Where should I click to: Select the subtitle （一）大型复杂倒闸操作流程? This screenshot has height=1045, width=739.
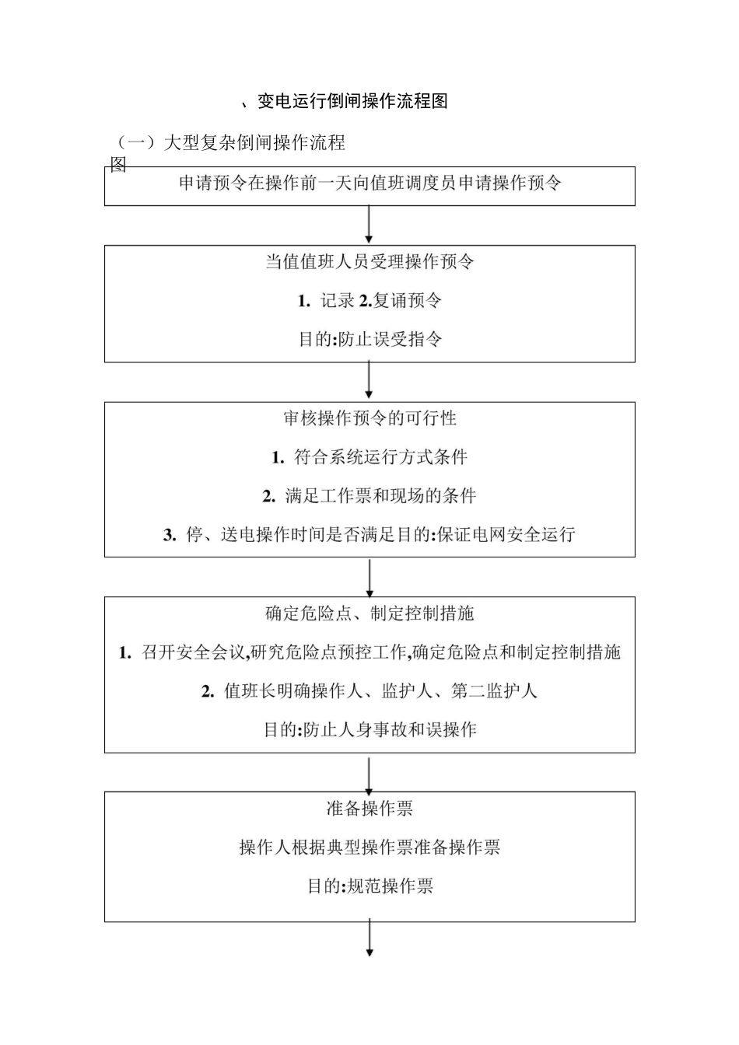pos(230,143)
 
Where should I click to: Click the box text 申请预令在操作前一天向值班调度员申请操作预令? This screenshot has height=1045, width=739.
pos(369,183)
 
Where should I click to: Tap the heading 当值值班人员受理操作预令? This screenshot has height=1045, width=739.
pos(369,261)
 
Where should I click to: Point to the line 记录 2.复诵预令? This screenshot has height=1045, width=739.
pos(369,301)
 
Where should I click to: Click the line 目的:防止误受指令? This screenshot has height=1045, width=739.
pos(369,340)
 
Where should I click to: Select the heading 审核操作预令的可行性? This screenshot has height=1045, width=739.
pos(369,418)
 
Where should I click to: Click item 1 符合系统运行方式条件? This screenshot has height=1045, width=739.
pos(369,457)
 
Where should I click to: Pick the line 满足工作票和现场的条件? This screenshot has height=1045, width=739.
pos(369,496)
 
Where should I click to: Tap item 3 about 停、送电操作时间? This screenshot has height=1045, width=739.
pos(369,535)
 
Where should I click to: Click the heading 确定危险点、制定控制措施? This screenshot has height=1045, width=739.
pos(369,613)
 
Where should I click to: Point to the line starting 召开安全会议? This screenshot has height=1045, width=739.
pos(369,652)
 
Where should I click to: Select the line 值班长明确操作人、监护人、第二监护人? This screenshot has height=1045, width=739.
pos(369,691)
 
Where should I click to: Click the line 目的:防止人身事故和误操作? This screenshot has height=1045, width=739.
pos(369,730)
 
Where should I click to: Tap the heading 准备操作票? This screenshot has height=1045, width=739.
pos(369,809)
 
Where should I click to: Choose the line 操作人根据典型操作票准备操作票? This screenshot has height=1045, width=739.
pos(369,848)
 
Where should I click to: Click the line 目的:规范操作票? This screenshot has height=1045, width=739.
pos(369,886)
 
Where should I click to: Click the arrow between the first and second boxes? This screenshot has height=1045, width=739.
pos(369,225)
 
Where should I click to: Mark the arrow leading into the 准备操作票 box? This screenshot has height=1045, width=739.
pos(369,772)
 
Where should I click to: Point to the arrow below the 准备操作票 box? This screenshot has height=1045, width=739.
pos(369,939)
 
